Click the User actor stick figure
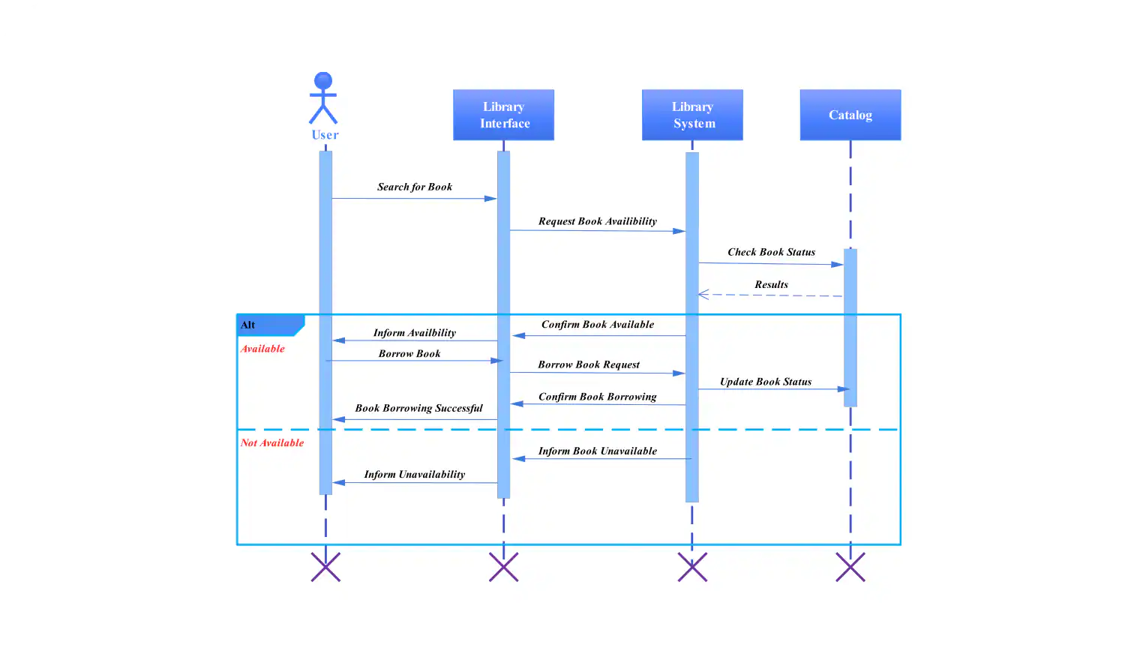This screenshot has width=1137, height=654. click(323, 98)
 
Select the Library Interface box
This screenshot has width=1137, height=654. click(503, 115)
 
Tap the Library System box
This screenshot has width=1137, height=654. click(692, 115)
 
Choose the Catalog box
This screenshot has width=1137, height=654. click(850, 115)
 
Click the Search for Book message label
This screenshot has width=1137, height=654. click(414, 187)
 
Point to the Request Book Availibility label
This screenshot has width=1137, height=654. click(597, 221)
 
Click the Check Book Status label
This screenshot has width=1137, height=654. click(771, 252)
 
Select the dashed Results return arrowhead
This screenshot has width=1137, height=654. click(703, 295)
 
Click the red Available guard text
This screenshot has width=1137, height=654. click(262, 349)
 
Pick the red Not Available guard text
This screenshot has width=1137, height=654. click(272, 443)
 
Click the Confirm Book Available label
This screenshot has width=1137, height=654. click(597, 325)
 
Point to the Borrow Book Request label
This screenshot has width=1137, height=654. click(589, 364)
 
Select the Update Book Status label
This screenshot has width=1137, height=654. click(765, 382)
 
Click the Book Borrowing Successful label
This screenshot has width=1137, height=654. click(418, 408)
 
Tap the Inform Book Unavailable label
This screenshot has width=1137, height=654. click(597, 451)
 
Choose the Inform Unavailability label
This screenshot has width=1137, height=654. click(414, 474)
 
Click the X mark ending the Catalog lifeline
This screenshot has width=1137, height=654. click(850, 567)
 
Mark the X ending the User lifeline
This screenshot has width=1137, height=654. click(325, 567)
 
